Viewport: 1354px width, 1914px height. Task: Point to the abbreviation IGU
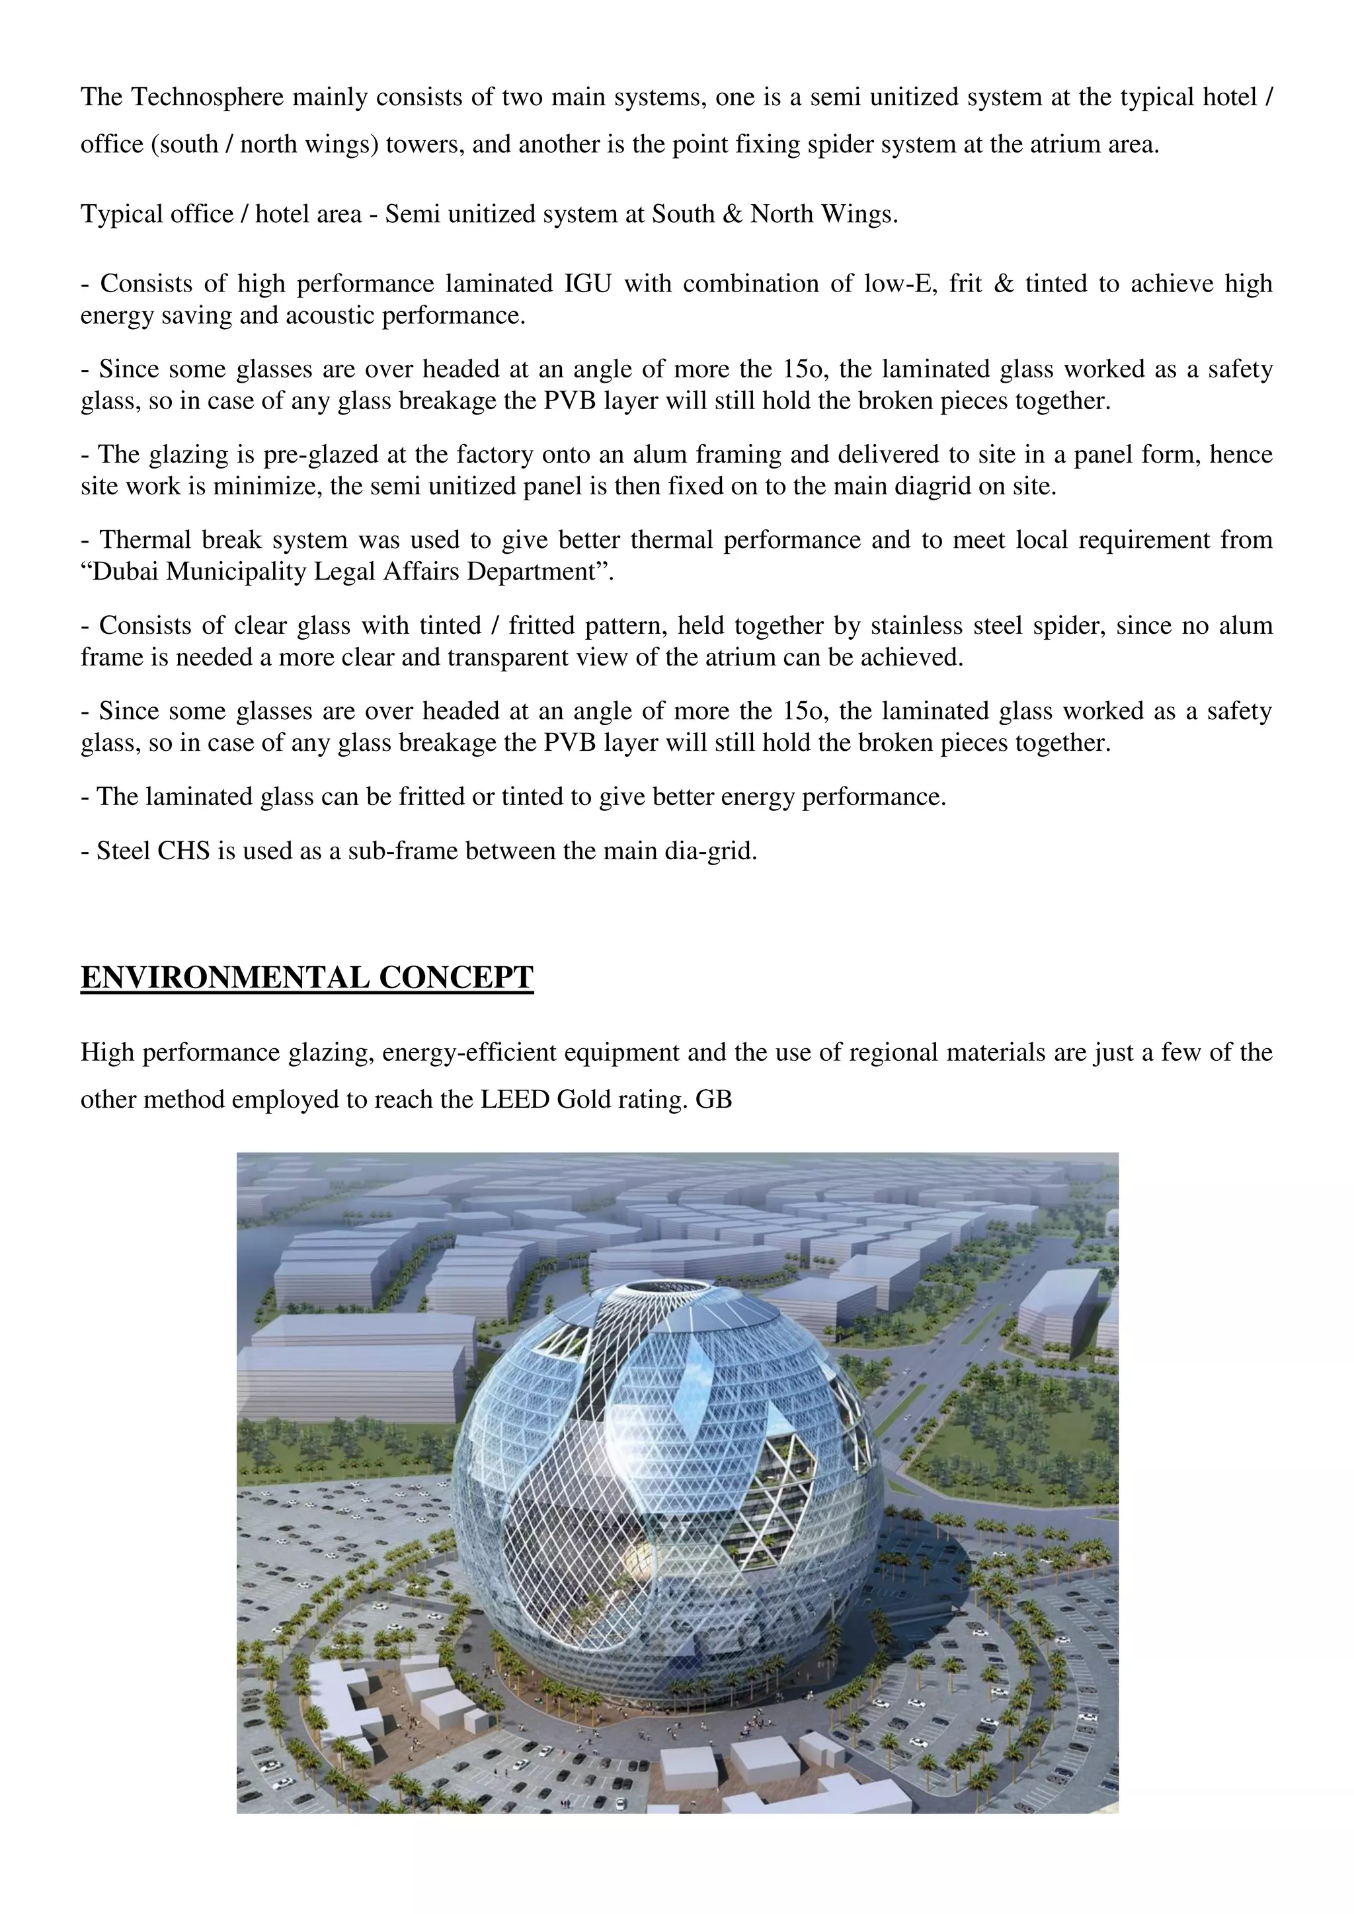pos(588,284)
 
